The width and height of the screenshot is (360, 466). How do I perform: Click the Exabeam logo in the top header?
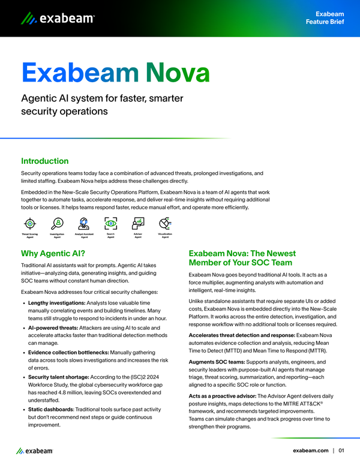(x=58, y=19)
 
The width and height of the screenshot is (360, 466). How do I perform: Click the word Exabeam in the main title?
(x=80, y=73)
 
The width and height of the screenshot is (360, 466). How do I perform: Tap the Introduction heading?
(x=45, y=161)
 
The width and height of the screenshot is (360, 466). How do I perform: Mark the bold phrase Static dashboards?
(x=50, y=408)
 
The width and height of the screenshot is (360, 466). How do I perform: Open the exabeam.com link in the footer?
(x=310, y=450)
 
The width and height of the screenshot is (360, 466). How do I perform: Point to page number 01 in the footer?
(x=341, y=450)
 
